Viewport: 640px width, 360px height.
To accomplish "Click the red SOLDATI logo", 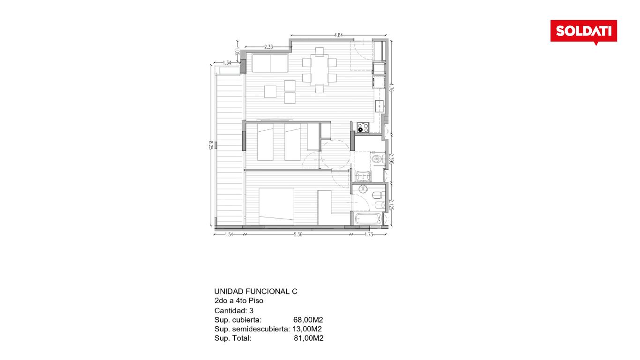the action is pyautogui.click(x=583, y=32).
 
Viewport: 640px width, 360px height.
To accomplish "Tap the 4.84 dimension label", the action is pyautogui.click(x=338, y=36).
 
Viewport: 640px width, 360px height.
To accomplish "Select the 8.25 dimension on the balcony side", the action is pyautogui.click(x=211, y=145).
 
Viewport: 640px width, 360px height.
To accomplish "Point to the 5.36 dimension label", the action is pyautogui.click(x=298, y=234).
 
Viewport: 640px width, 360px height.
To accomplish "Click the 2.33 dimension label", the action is pyautogui.click(x=268, y=47).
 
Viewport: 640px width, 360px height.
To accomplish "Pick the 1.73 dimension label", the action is pyautogui.click(x=369, y=234).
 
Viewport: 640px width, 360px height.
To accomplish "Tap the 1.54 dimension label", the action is pyautogui.click(x=229, y=234).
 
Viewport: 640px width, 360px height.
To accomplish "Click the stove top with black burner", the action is pyautogui.click(x=363, y=127).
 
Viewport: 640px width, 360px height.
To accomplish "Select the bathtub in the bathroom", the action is pyautogui.click(x=368, y=219).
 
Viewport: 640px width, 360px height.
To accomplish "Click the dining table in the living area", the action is pyautogui.click(x=320, y=70).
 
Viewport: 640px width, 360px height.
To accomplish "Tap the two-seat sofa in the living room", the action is pyautogui.click(x=270, y=63).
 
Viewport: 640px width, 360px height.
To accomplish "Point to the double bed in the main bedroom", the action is pyautogui.click(x=276, y=206).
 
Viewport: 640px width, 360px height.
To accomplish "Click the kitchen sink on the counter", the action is pyautogui.click(x=380, y=106).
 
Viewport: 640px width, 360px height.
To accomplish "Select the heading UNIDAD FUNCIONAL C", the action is pyautogui.click(x=256, y=292).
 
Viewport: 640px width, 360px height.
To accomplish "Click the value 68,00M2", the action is pyautogui.click(x=308, y=320).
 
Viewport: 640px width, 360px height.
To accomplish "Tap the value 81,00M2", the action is pyautogui.click(x=309, y=338).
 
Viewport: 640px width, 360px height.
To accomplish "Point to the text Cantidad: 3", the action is pyautogui.click(x=234, y=310).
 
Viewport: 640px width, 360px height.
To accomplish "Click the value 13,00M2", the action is pyautogui.click(x=307, y=329).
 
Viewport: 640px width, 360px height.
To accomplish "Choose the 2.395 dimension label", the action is pyautogui.click(x=391, y=159).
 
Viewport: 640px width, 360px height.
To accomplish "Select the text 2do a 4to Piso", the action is pyautogui.click(x=239, y=300).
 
